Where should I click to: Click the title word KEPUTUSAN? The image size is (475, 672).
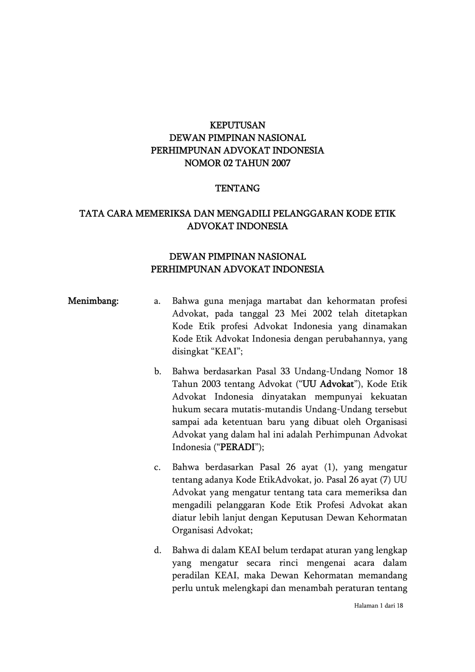tap(237, 125)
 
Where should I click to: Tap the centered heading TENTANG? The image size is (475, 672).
tap(237, 189)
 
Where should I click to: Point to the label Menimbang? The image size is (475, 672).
tap(93, 301)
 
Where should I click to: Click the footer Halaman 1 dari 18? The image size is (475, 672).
tap(379, 606)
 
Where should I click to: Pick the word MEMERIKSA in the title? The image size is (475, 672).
tap(160, 214)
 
